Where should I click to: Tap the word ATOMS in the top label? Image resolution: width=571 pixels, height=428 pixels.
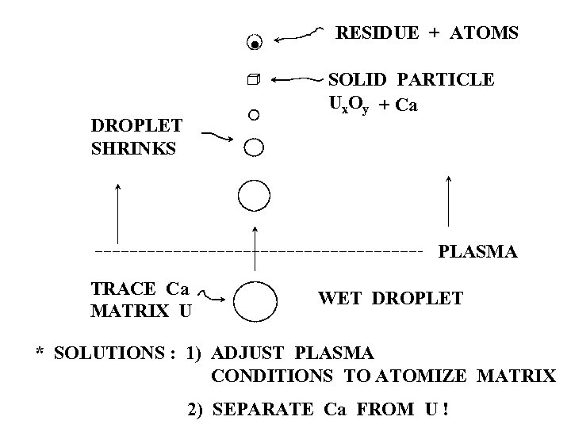[x=484, y=33]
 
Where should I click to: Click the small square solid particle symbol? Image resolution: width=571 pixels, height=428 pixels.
[x=253, y=80]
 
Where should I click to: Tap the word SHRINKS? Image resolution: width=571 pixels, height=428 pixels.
[x=133, y=148]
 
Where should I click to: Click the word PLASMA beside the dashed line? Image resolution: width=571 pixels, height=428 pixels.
[x=478, y=252]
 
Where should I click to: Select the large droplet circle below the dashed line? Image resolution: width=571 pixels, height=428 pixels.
[x=255, y=301]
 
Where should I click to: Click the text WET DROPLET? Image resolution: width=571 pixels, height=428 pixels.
[x=390, y=299]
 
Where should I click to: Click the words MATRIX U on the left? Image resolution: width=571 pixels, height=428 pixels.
[x=141, y=310]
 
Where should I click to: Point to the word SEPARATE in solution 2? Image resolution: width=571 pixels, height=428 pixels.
[x=266, y=410]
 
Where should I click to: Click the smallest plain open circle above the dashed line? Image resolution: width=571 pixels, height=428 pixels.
[x=253, y=115]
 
